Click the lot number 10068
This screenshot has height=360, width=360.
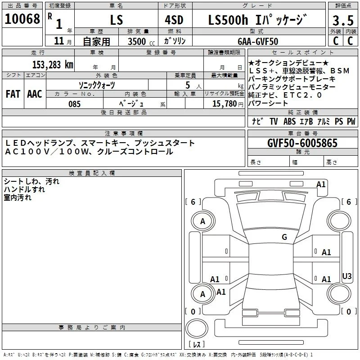(x=22, y=19)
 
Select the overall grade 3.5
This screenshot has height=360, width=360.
(x=343, y=20)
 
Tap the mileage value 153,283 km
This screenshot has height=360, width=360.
(x=53, y=65)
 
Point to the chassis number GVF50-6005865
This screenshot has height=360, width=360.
(x=302, y=143)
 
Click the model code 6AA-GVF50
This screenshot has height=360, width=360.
(x=258, y=41)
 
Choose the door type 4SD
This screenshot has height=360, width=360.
(x=174, y=20)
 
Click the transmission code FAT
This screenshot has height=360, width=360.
(x=13, y=94)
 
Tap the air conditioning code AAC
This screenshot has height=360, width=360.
(x=35, y=94)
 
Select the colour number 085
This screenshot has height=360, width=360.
(x=75, y=104)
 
